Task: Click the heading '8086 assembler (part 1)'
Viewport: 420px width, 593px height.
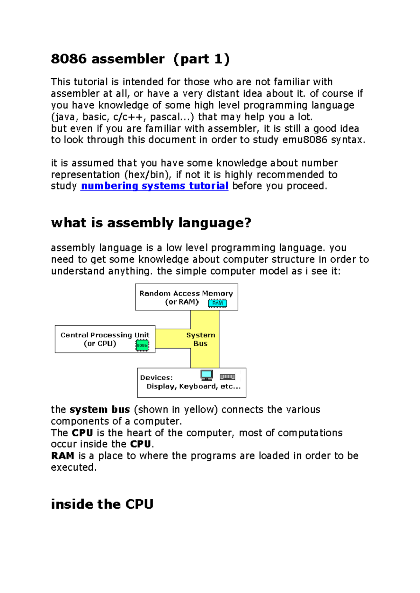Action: click(x=140, y=59)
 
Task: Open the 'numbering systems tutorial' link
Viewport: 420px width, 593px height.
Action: click(x=154, y=186)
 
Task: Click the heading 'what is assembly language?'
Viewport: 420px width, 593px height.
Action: click(x=151, y=223)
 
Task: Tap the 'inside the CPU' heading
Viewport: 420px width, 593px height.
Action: click(x=102, y=504)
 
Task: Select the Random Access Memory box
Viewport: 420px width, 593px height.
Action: click(x=186, y=297)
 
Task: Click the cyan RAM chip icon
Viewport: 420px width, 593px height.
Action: click(x=217, y=303)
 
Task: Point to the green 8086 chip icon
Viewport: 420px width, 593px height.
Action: click(x=142, y=345)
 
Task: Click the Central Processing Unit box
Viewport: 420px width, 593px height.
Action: click(x=105, y=339)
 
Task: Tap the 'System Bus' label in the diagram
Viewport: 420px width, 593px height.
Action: click(x=201, y=339)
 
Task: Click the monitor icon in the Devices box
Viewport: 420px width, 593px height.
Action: click(x=206, y=375)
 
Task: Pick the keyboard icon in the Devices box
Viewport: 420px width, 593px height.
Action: click(x=227, y=377)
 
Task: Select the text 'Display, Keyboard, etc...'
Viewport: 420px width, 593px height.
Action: click(x=194, y=386)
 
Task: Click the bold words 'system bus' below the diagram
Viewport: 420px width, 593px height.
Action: click(x=100, y=409)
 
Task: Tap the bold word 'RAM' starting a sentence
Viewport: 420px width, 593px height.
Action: click(x=62, y=456)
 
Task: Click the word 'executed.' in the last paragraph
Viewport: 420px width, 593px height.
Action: click(x=73, y=467)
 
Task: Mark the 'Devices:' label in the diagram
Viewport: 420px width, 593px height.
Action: click(x=156, y=378)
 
